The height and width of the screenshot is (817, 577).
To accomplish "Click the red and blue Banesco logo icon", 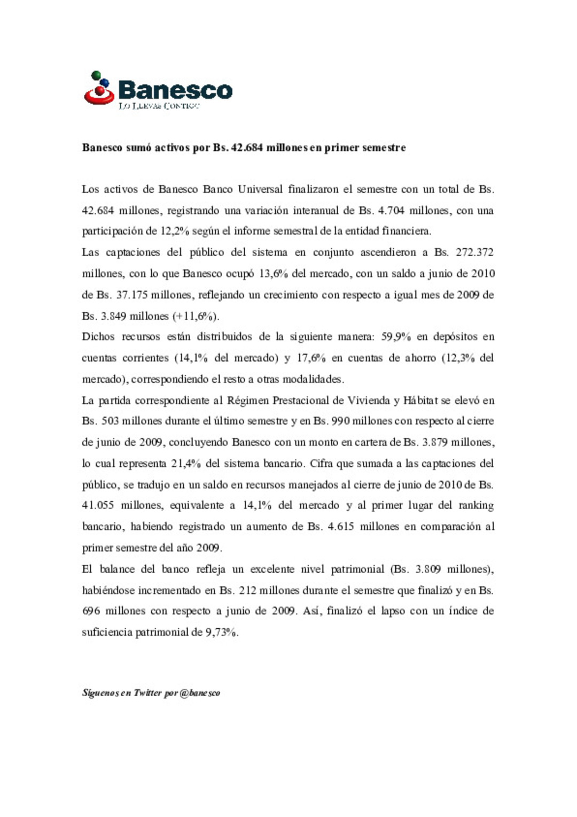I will (99, 88).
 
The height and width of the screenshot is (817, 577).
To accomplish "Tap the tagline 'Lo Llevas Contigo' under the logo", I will (159, 106).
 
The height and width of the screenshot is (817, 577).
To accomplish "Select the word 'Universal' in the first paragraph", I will (260, 189).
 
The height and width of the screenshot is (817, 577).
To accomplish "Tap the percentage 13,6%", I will (273, 274).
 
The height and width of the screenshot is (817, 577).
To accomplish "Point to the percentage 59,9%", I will (396, 337).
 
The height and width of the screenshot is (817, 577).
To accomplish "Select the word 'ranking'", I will (476, 505).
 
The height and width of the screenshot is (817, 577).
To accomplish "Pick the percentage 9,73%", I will (221, 633).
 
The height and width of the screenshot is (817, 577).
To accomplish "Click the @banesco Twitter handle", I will (200, 693).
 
